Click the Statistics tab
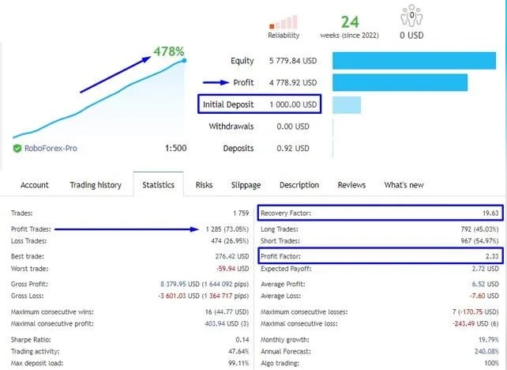(x=158, y=185)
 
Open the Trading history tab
(x=96, y=185)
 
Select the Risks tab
(x=204, y=185)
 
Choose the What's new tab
(x=404, y=185)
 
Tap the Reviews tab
(x=351, y=185)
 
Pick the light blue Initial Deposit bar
(x=347, y=104)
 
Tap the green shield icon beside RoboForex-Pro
(x=17, y=148)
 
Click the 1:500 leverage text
(x=175, y=148)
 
